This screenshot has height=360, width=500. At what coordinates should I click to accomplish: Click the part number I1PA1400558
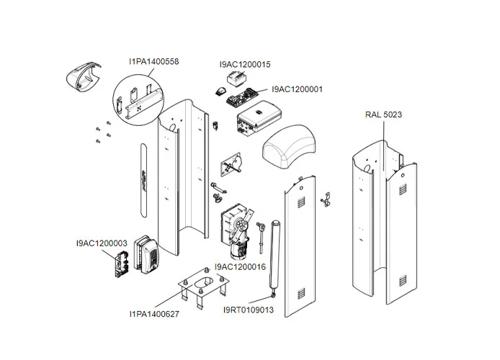(x=154, y=62)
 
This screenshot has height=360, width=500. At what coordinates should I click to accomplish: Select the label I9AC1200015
(x=245, y=64)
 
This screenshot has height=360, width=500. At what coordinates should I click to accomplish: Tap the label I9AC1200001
(x=297, y=90)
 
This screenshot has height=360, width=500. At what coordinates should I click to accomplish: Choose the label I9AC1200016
(x=240, y=266)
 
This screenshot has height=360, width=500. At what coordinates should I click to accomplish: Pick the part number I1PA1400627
(x=154, y=314)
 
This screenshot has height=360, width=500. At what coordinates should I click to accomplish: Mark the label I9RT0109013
(x=249, y=310)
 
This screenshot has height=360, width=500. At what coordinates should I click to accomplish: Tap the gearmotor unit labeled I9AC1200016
(x=237, y=229)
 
